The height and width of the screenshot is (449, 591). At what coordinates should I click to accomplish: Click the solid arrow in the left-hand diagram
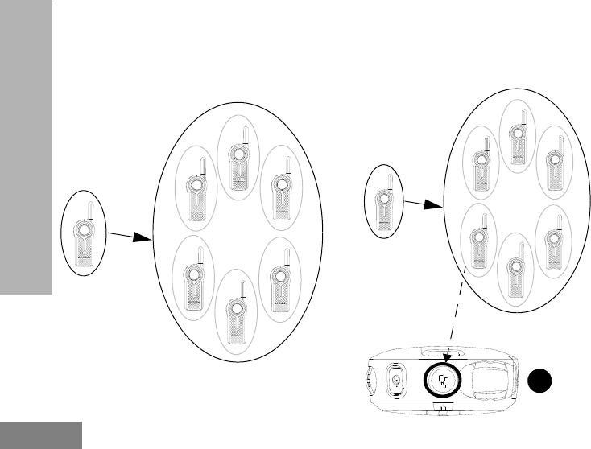click(130, 237)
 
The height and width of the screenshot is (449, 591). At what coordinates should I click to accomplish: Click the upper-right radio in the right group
click(555, 163)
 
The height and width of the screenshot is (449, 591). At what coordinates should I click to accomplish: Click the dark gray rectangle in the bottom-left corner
click(41, 434)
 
